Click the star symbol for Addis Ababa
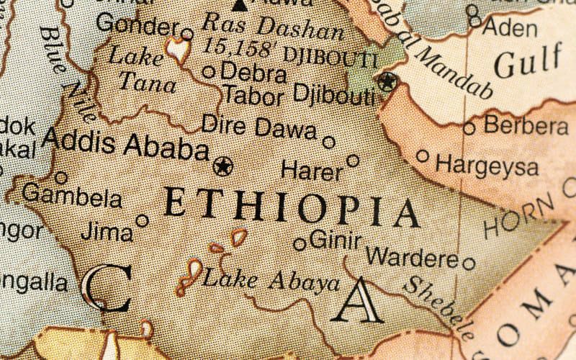223,166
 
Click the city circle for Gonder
187,33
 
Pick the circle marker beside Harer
353,161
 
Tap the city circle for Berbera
469,128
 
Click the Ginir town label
335,240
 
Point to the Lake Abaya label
271,279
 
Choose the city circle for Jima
143,220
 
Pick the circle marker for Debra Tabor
209,71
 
